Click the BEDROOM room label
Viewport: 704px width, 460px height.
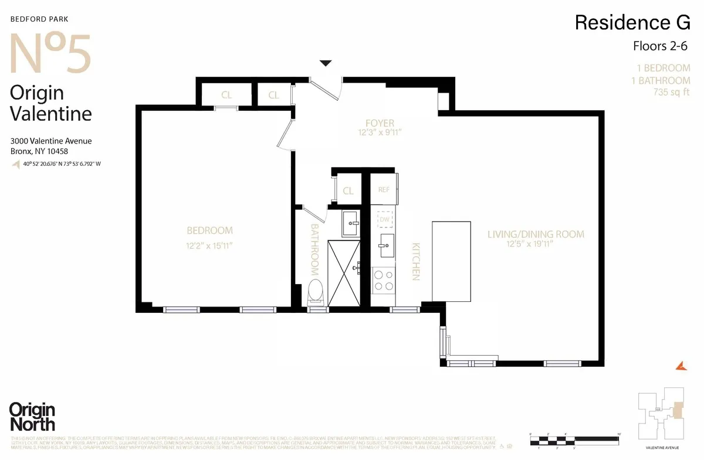tap(209, 230)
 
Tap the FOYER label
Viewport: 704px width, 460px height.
tap(380, 123)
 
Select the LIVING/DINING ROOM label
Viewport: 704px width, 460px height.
tap(536, 234)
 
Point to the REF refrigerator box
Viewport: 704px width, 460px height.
tap(384, 189)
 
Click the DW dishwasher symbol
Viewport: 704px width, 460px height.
tap(385, 219)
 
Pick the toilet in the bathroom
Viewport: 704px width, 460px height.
tap(316, 291)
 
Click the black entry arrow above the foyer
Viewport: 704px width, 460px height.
tap(326, 63)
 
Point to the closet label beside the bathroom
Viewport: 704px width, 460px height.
tap(348, 190)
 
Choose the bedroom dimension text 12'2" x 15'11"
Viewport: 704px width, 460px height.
tap(209, 246)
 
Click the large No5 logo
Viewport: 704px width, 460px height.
tap(51, 53)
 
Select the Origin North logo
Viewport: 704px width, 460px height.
tap(32, 417)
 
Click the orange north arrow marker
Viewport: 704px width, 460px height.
tap(681, 366)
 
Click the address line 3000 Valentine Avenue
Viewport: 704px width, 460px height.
tap(51, 141)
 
